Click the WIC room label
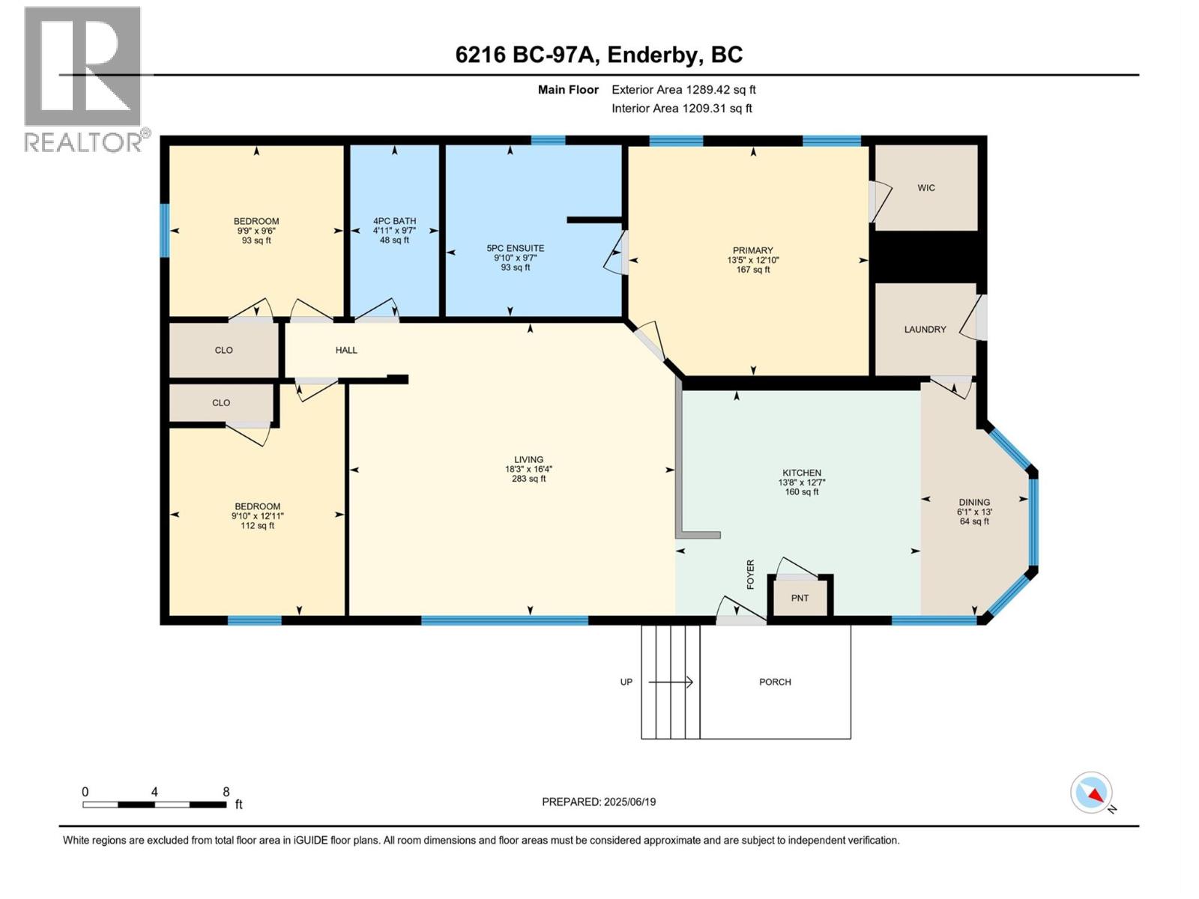point(926,188)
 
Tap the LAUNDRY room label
point(925,330)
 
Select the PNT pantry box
point(800,598)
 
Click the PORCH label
point(775,682)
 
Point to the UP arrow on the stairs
point(670,682)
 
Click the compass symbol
point(1092,793)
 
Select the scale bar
point(154,805)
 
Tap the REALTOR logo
point(83,79)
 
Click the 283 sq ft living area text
point(528,479)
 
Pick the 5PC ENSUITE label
point(516,248)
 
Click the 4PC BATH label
point(394,221)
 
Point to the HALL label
point(346,350)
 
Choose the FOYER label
point(750,575)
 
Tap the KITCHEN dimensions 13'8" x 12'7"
point(801,482)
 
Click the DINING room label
point(974,502)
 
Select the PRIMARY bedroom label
point(752,250)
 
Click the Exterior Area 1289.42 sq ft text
point(683,90)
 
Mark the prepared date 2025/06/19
point(629,802)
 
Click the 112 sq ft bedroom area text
point(257,526)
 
